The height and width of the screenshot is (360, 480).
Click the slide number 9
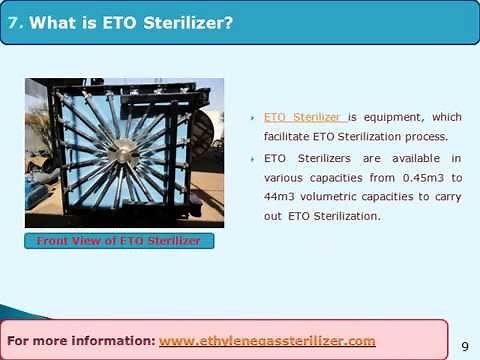[464, 346]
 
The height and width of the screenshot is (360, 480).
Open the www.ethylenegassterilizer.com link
[267, 340]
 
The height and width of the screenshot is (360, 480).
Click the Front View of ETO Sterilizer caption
[119, 241]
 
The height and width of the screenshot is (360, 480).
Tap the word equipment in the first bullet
[389, 116]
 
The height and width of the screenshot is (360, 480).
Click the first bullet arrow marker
[254, 117]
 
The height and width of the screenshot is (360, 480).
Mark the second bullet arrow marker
[254, 159]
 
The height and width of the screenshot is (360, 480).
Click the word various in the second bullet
[285, 177]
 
